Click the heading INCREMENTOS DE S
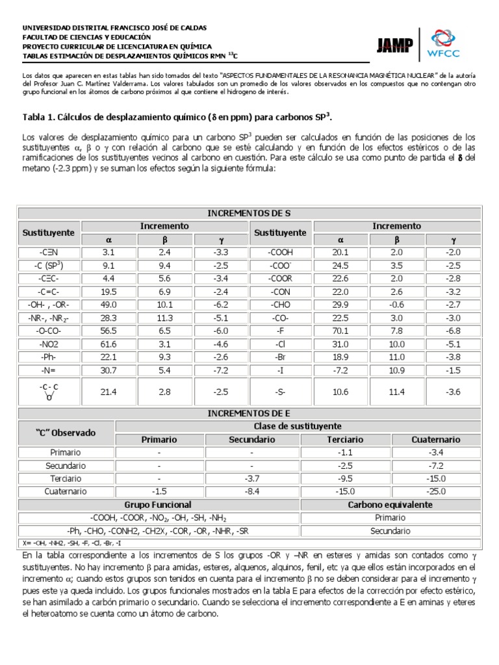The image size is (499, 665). (x=249, y=213)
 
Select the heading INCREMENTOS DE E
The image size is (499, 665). (x=249, y=413)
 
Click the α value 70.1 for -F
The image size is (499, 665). (x=340, y=331)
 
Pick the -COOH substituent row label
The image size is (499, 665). (x=281, y=253)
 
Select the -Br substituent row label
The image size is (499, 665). (x=281, y=357)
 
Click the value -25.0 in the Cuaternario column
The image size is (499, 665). (x=436, y=491)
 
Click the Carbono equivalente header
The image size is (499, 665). (x=390, y=504)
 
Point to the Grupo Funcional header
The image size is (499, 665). (x=158, y=504)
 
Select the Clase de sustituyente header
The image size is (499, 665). (x=298, y=426)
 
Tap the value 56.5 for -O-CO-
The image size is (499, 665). (x=109, y=331)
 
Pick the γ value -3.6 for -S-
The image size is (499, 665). (x=453, y=392)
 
